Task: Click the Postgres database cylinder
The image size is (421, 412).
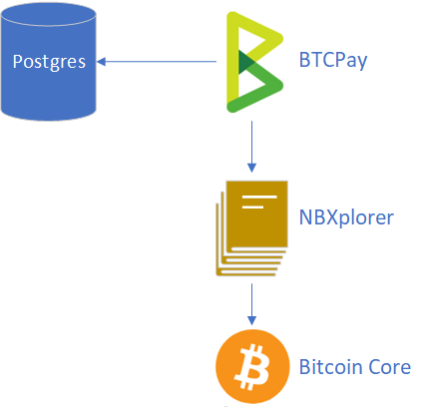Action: (49, 62)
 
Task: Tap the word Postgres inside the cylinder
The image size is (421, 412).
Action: (49, 62)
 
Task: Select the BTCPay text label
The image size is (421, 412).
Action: (333, 61)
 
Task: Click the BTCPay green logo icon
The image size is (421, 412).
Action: (254, 62)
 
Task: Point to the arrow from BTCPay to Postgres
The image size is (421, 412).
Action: (157, 62)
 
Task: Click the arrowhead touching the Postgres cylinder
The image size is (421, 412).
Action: (101, 62)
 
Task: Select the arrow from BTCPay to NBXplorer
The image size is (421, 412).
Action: (251, 147)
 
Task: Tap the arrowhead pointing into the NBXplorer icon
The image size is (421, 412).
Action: (251, 168)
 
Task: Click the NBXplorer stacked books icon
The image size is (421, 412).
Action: (251, 228)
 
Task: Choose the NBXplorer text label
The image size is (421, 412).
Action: (346, 217)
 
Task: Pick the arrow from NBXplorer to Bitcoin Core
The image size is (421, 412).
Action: (251, 304)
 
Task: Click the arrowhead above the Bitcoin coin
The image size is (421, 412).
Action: (251, 320)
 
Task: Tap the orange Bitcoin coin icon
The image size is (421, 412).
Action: (252, 366)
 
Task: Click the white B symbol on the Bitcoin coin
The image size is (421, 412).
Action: (252, 367)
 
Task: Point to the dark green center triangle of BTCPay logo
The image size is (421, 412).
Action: (246, 62)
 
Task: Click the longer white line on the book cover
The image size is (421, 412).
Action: (259, 198)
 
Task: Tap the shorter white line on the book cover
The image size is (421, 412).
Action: (252, 207)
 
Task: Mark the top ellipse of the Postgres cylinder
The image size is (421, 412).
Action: (49, 15)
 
